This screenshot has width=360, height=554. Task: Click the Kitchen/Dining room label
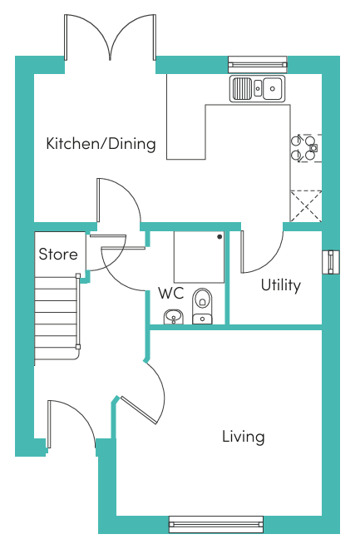coord(101,144)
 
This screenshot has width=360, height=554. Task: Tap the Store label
coord(58,254)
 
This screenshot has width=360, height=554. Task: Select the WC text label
coord(171,294)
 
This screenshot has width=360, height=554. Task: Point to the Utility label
coord(281,285)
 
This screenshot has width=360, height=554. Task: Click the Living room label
coord(244,437)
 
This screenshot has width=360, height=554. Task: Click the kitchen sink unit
coord(258,89)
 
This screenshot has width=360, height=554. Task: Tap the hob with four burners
coord(306,148)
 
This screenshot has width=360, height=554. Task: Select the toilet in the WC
coord(202,306)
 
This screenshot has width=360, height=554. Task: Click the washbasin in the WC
coord(174,317)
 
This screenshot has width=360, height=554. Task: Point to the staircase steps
coord(57,318)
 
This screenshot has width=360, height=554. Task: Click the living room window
coord(216,524)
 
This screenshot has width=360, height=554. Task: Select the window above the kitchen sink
coord(258,64)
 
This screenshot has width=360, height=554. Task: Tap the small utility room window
coord(331,262)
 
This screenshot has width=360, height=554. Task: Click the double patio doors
coord(110,37)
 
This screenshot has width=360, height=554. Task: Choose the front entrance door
coord(72,424)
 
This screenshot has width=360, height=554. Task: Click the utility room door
coord(262,251)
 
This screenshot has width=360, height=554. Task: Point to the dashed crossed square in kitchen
coord(306,206)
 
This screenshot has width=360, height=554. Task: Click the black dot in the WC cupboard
coord(219,237)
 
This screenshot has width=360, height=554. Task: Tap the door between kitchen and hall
coord(119,200)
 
